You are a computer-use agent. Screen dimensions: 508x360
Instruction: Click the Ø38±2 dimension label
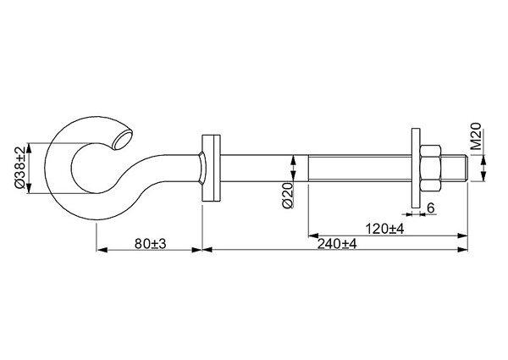pos(19,168)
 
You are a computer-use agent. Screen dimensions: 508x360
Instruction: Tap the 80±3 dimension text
pos(150,244)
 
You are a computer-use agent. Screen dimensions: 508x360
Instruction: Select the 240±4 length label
pos(337,244)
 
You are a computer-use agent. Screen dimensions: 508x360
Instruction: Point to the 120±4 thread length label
pos(385,229)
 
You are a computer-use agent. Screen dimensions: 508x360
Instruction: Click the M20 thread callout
pos(476,136)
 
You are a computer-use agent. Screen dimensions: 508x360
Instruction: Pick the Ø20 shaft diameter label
pos(288,195)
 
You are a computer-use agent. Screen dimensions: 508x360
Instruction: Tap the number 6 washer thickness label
pos(431,208)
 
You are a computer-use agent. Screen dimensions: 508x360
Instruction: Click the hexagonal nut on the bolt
pos(430,169)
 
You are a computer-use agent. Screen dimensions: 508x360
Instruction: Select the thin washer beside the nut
pos(416,168)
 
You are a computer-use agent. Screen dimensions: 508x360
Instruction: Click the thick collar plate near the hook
pos(211,168)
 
